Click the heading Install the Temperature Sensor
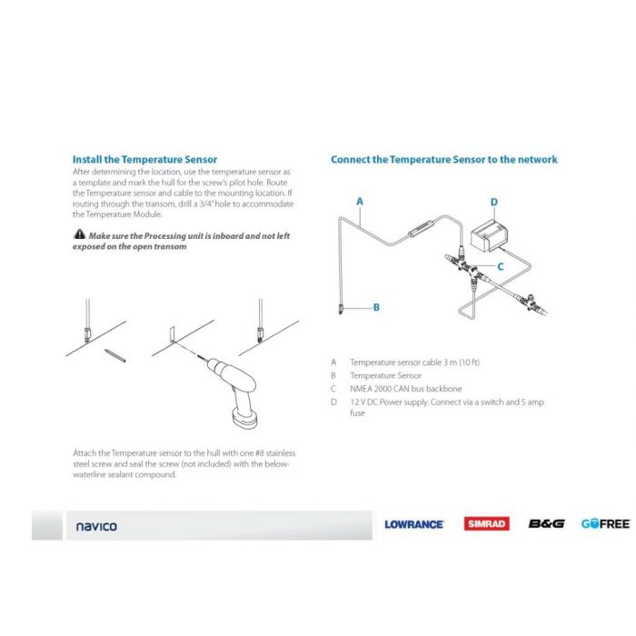[144, 159]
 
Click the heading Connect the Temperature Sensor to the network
[443, 159]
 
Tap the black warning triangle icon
[78, 235]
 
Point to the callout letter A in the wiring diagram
[360, 201]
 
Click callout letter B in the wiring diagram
[374, 308]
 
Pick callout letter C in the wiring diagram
[500, 265]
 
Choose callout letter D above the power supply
[493, 202]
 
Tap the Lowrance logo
[413, 524]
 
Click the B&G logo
[546, 524]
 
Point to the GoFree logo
[605, 524]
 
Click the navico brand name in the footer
[95, 526]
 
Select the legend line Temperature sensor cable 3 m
[415, 363]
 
